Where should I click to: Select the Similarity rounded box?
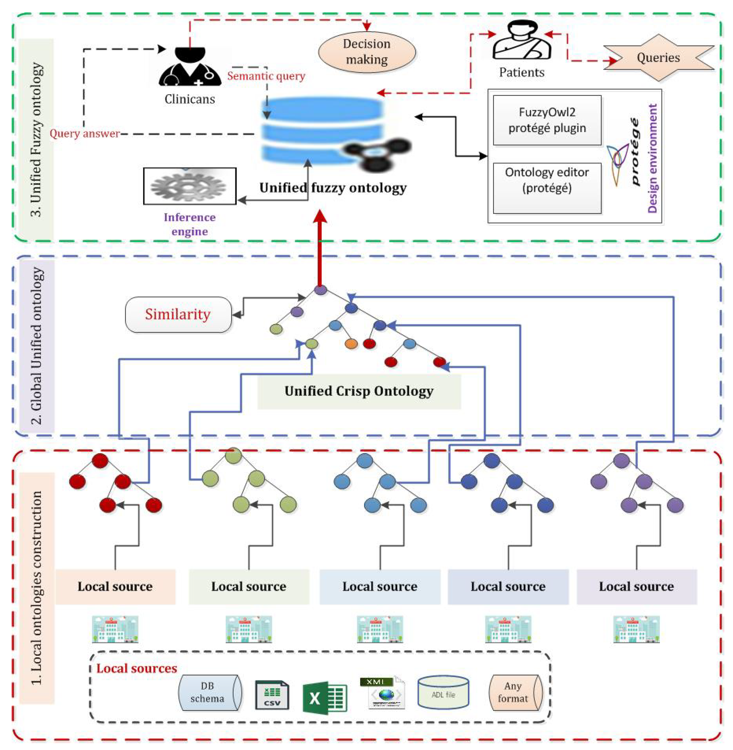[x=178, y=314]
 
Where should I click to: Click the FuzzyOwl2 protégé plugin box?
[x=547, y=120]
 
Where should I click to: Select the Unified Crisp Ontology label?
[x=359, y=391]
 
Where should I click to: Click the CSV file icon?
[x=272, y=695]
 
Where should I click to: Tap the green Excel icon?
[x=325, y=698]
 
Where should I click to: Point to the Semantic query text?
[x=266, y=76]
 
